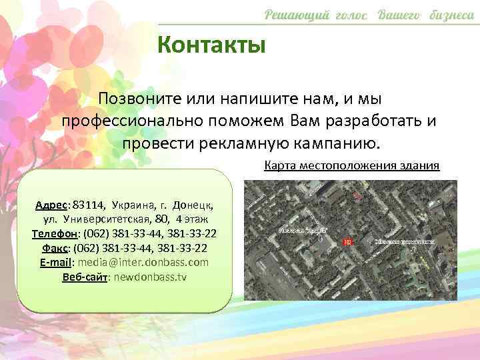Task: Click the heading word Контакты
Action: [212, 45]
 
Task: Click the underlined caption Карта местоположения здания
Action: [352, 165]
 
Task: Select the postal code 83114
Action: [89, 204]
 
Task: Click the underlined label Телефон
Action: [55, 233]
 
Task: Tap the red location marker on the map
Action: [346, 241]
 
